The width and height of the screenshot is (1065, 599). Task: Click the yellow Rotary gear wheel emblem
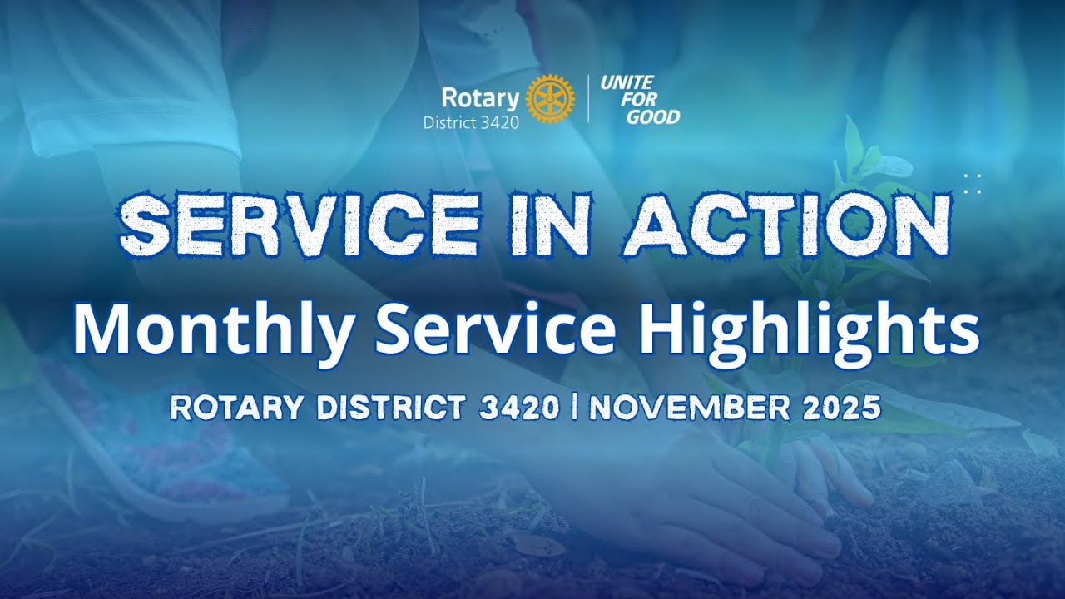coord(549,98)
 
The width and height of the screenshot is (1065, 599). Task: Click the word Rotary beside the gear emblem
coord(479,98)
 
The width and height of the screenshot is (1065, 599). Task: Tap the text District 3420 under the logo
coord(471,123)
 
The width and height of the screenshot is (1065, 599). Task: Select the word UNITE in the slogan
coord(627,82)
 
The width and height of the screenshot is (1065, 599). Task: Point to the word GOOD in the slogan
coord(652,117)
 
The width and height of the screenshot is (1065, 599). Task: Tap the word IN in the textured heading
coord(550,225)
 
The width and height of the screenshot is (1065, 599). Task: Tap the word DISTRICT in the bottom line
coord(388,408)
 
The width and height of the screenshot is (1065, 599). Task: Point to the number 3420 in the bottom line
coord(519,408)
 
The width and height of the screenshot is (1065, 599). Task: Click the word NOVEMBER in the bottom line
coord(687,408)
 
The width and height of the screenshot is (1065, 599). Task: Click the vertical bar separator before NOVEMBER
coord(574,408)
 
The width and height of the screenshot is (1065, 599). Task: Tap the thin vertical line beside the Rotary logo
coord(589,98)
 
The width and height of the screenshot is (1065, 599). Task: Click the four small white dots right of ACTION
coord(972,184)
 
